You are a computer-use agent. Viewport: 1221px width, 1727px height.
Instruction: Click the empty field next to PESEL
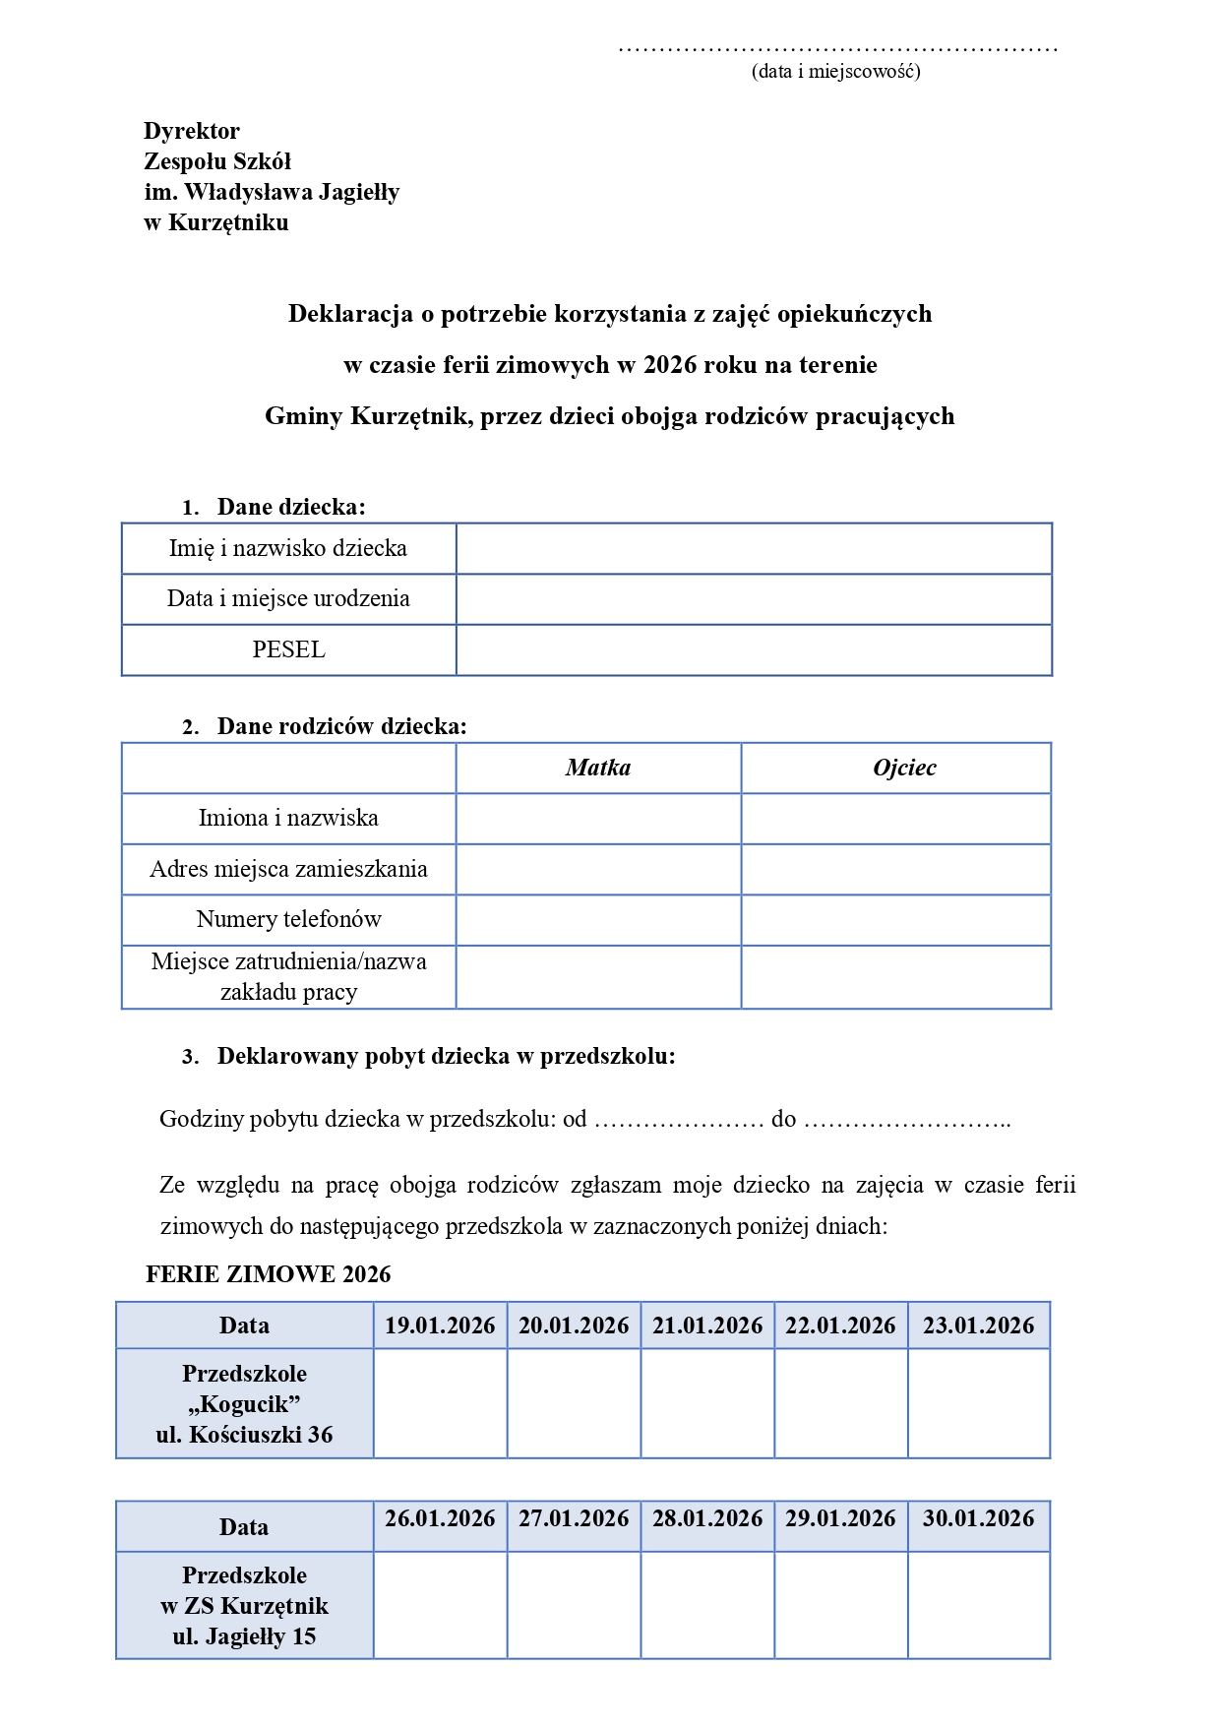tap(754, 649)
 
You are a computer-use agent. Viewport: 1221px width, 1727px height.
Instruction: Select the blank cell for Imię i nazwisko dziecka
tap(754, 548)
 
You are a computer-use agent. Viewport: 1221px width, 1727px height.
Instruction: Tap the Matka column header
tap(598, 768)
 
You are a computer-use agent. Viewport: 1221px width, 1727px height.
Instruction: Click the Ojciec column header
tap(904, 768)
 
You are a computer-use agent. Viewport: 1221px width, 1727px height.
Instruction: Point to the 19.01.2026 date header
tap(440, 1326)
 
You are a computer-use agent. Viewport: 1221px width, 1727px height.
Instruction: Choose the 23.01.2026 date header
tap(978, 1326)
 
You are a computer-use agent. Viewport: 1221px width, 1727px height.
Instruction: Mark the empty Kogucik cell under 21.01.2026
tap(707, 1403)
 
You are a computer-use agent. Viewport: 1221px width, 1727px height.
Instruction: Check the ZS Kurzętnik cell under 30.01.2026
tap(978, 1605)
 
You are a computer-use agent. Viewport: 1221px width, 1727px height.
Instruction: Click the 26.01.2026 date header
tap(440, 1518)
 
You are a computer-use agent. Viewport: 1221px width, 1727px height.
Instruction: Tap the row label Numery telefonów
tap(288, 919)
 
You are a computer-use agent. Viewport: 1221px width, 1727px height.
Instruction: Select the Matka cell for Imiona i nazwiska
tap(598, 819)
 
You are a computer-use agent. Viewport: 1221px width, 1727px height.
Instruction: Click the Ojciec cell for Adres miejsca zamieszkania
tap(895, 869)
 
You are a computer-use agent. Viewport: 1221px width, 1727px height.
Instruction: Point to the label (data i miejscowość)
tap(835, 71)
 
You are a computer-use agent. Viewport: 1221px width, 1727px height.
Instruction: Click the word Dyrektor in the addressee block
tap(192, 131)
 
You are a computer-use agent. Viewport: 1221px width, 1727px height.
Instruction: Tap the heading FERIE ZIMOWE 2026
tap(268, 1274)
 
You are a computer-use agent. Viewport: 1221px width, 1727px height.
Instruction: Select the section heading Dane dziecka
tap(290, 507)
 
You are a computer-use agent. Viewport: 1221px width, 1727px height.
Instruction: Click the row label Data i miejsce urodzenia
tap(288, 598)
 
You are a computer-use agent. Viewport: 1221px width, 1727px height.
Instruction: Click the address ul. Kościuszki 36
tap(244, 1435)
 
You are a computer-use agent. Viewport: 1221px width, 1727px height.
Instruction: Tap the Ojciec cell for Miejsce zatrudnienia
tap(895, 977)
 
